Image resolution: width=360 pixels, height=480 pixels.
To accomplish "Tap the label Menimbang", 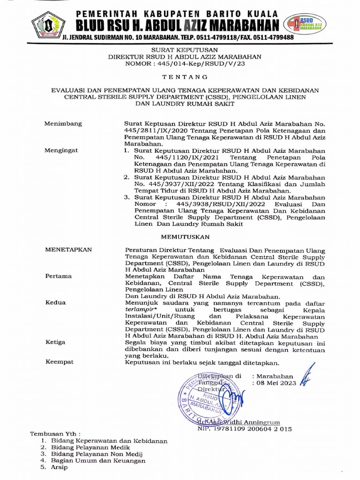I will click(63, 124).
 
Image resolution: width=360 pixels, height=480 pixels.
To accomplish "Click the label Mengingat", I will click(61, 150).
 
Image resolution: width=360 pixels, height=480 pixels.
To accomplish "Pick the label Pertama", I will click(59, 276).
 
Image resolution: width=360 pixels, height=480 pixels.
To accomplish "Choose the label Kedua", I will click(55, 303).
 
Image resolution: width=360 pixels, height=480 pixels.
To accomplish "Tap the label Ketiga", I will click(55, 342).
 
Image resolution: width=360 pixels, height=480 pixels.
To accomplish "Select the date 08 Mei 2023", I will click(275, 382).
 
